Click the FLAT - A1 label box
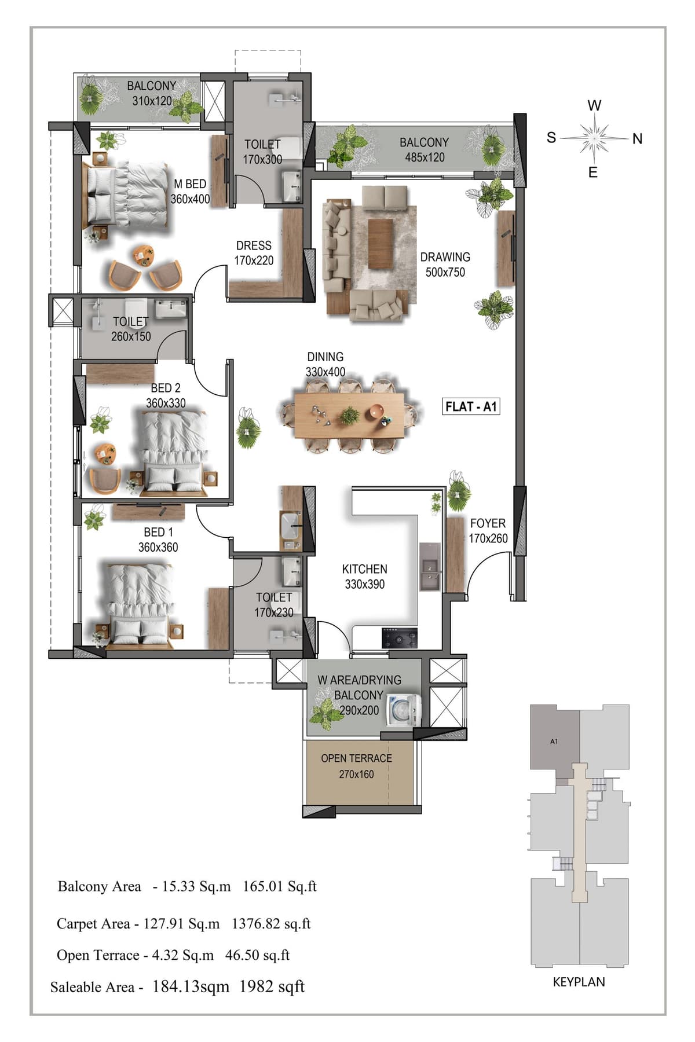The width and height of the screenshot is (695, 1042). tap(471, 406)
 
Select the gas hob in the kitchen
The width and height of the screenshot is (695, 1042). tap(399, 638)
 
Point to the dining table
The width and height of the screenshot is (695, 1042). tap(349, 416)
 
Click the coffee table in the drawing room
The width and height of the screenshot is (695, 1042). tap(381, 243)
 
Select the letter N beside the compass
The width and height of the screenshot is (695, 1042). tap(637, 139)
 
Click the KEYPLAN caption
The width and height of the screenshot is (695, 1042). tap(579, 982)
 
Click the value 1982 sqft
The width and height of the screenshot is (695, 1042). tap(272, 987)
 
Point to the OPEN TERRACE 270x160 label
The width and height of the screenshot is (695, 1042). tap(356, 766)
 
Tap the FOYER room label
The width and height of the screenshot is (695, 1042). tap(488, 523)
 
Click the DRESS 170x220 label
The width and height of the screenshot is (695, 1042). tap(254, 253)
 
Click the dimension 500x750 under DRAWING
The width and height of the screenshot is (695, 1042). tap(445, 272)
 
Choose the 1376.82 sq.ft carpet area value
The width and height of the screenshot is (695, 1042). tap(271, 924)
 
